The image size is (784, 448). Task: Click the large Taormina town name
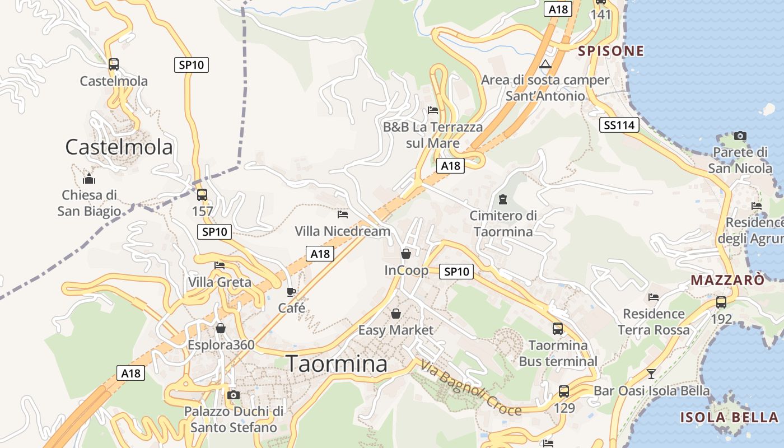click(337, 364)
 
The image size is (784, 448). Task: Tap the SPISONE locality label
click(611, 51)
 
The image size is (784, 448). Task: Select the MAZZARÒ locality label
click(727, 280)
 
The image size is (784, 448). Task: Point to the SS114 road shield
click(619, 125)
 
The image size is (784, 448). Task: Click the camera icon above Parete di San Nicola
click(740, 136)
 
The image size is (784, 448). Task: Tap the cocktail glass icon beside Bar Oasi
click(651, 374)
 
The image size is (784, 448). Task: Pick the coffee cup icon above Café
click(291, 292)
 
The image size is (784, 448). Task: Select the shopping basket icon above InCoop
click(405, 254)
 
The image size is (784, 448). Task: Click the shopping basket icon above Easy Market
click(395, 314)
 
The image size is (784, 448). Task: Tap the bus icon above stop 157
click(202, 195)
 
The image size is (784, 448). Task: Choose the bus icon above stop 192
click(721, 302)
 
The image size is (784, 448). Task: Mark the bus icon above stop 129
click(564, 391)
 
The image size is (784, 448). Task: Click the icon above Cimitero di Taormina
click(502, 199)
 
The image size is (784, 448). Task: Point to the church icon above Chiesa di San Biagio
click(88, 179)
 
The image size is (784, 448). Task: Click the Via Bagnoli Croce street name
click(470, 388)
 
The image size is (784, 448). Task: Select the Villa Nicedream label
click(343, 231)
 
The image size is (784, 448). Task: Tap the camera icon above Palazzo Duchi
click(234, 395)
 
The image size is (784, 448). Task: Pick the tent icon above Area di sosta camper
click(545, 64)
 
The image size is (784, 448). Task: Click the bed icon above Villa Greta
click(220, 265)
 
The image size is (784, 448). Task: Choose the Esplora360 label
click(221, 344)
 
